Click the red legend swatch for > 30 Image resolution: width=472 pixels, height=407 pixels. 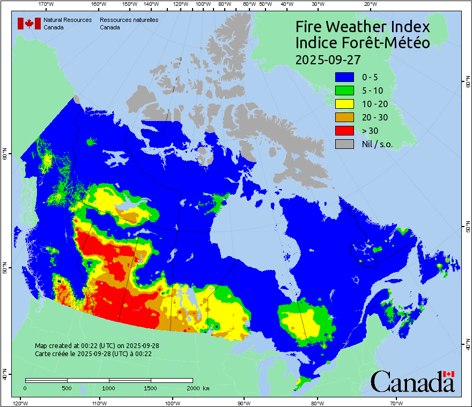point(344,130)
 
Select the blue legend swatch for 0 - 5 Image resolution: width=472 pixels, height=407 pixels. point(344,77)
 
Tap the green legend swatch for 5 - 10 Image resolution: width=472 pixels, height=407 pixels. point(344,90)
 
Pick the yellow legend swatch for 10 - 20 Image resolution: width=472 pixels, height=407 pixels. point(344,103)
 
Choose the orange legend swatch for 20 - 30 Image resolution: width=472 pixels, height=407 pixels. point(344,117)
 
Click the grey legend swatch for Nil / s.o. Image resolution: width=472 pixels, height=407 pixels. point(344,144)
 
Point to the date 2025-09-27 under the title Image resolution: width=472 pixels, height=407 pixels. point(328,59)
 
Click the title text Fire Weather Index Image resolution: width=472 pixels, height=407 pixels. point(363,27)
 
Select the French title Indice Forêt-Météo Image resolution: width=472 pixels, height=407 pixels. point(363,43)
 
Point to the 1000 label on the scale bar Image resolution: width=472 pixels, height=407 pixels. point(109,388)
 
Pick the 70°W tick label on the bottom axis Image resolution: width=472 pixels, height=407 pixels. point(396,403)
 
